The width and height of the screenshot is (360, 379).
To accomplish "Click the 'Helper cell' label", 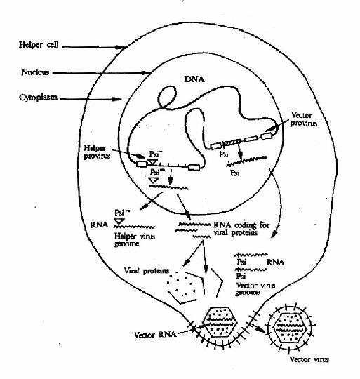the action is [39, 45].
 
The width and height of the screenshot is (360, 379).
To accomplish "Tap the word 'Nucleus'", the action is [35, 72].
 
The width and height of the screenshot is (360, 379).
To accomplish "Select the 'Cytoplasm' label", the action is [38, 98].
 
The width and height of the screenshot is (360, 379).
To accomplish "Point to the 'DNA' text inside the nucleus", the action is [194, 79].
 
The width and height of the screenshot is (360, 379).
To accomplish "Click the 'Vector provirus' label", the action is [303, 119].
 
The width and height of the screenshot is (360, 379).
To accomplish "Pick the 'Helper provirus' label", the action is [97, 152].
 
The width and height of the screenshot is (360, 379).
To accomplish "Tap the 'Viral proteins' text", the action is [147, 270].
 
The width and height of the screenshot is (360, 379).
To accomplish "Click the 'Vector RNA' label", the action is [155, 335].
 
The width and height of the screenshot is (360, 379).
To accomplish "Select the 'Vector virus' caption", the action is [309, 359].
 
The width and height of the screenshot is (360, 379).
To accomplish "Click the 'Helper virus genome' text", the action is [134, 239].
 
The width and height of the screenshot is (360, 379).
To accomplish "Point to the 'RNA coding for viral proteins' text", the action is [241, 229].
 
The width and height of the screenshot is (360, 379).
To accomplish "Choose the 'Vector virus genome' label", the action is [255, 289].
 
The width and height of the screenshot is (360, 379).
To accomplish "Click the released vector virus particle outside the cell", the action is [290, 328].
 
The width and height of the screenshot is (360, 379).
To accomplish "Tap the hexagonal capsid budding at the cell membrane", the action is [220, 322].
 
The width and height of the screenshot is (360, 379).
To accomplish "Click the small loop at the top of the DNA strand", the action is [167, 97].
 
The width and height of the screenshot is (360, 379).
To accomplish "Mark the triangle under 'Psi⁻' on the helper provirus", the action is [153, 161].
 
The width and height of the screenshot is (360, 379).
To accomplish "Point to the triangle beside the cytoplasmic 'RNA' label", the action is [119, 220].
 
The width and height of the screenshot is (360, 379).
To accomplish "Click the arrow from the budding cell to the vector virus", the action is [258, 328].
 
